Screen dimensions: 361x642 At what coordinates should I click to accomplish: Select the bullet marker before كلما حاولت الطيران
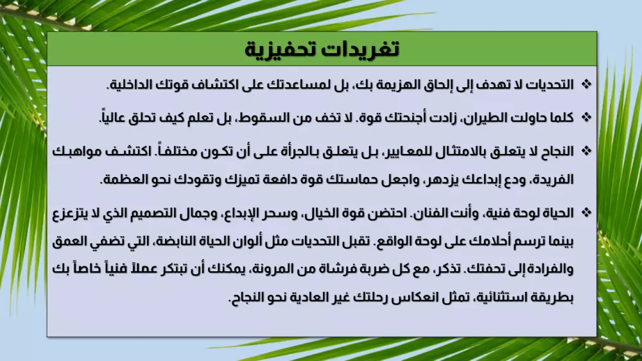pyautogui.click(x=586, y=118)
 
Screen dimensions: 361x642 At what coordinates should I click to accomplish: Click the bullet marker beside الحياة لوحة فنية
pyautogui.click(x=586, y=212)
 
